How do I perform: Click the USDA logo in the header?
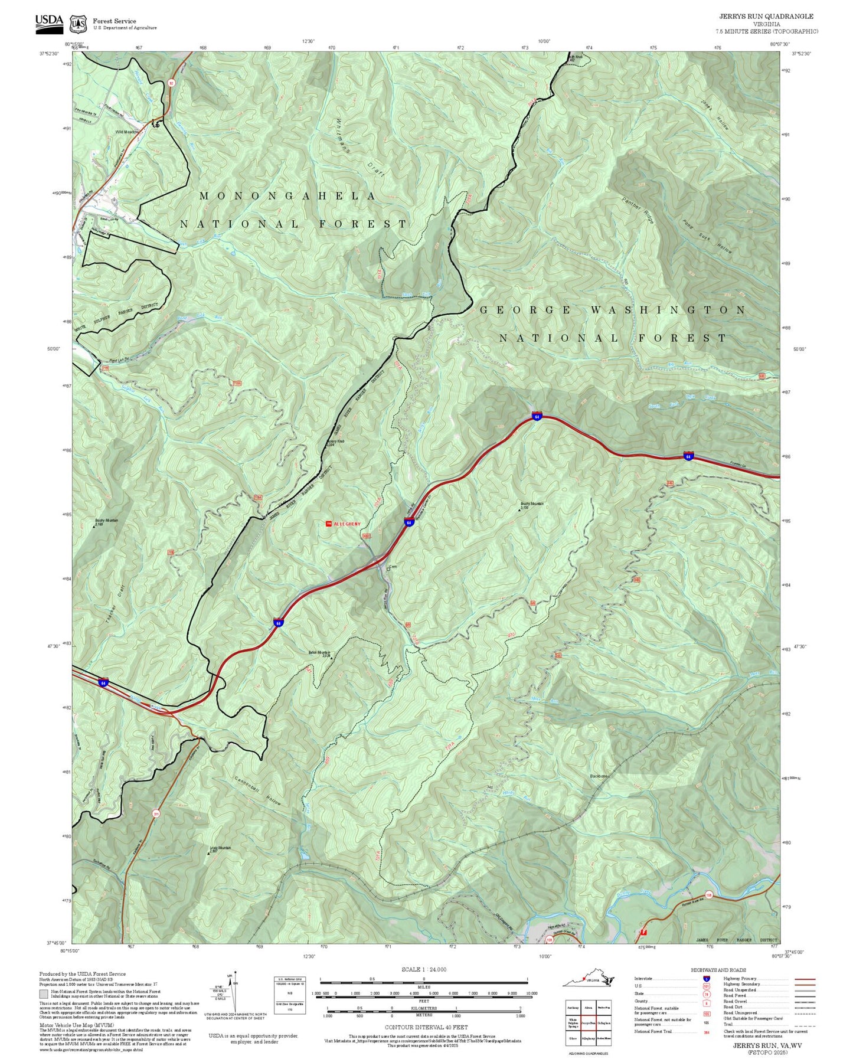(49, 21)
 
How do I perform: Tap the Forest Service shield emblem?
(77, 24)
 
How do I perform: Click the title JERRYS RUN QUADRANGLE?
(766, 17)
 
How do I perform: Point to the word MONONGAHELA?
(287, 196)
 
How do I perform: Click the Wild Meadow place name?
(127, 132)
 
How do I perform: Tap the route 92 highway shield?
(171, 83)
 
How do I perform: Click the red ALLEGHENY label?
(347, 524)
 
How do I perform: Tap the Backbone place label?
(599, 776)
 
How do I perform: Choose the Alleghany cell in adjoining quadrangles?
(588, 1038)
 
